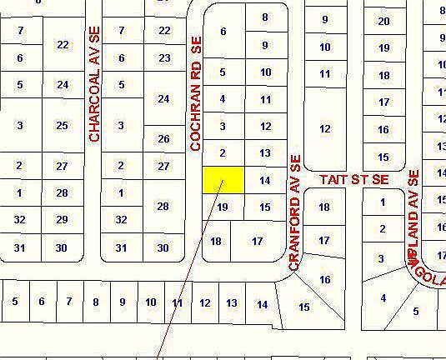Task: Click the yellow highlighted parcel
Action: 223,179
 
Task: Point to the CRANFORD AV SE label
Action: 293,212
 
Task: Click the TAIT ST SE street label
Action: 355,179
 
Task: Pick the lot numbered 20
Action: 383,22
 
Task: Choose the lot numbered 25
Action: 63,125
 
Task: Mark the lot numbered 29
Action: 63,219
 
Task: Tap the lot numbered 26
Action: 163,138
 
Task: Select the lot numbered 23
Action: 164,57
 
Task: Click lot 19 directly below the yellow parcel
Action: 223,207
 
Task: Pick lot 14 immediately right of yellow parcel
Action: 265,180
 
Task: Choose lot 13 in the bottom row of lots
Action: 232,302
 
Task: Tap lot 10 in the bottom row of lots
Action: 150,302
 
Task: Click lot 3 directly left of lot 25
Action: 19,125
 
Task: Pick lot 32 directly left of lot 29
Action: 19,219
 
